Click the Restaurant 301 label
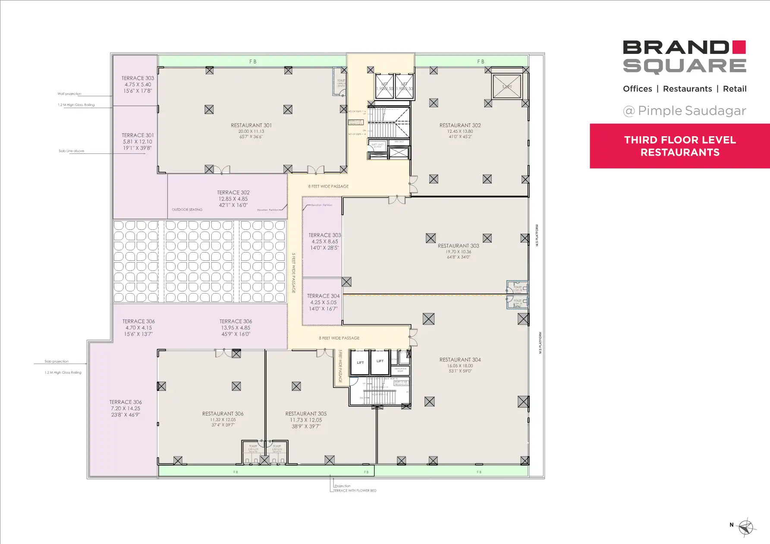pyautogui.click(x=251, y=125)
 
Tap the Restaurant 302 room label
pyautogui.click(x=460, y=125)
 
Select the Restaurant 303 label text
pyautogui.click(x=458, y=246)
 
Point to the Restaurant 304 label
pyautogui.click(x=460, y=360)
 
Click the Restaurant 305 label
pyautogui.click(x=306, y=414)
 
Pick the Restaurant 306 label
pyautogui.click(x=223, y=414)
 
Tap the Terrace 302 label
pyautogui.click(x=233, y=193)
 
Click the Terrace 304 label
pyautogui.click(x=323, y=296)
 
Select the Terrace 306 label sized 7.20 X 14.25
pyautogui.click(x=126, y=402)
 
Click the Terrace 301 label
pyautogui.click(x=138, y=135)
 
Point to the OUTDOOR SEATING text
pyautogui.click(x=187, y=210)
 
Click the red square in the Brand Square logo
pyautogui.click(x=739, y=47)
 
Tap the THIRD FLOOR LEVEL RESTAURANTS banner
pyautogui.click(x=680, y=146)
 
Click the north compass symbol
pyautogui.click(x=746, y=527)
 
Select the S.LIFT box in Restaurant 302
pyautogui.click(x=507, y=87)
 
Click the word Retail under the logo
pyautogui.click(x=734, y=89)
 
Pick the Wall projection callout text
pyautogui.click(x=69, y=94)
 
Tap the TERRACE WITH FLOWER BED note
pyautogui.click(x=355, y=491)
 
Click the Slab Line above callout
pyautogui.click(x=71, y=151)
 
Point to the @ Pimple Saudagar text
pyautogui.click(x=684, y=111)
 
